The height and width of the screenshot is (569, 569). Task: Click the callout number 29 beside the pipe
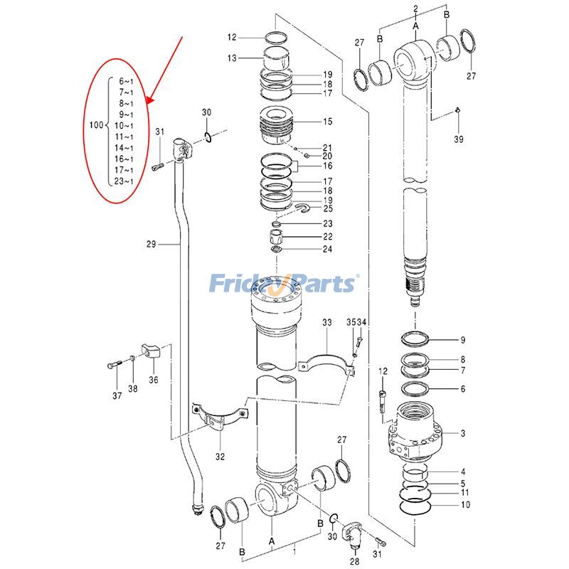tap(151, 245)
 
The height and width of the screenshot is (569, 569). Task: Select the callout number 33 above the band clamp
tap(326, 323)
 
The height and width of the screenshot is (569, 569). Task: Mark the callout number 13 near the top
tap(232, 58)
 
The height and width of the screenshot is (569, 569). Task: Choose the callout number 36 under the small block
tap(154, 380)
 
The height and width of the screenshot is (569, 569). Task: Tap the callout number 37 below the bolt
tap(117, 395)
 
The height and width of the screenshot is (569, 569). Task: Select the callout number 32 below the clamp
tap(220, 457)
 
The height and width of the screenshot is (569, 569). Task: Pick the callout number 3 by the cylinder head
tap(463, 433)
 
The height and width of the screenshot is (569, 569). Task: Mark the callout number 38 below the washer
tap(133, 388)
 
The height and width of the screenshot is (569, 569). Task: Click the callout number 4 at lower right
tap(463, 472)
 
